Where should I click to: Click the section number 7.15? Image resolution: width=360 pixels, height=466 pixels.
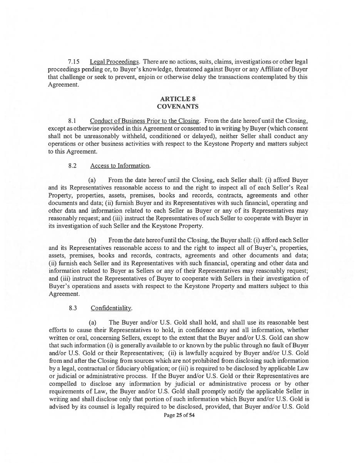pyautogui.click(x=74, y=62)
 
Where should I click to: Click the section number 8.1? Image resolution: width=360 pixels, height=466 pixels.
pyautogui.click(x=72, y=121)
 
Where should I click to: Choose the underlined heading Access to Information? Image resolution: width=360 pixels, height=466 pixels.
pyautogui.click(x=120, y=166)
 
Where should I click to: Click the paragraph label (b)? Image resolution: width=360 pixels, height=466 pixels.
pyautogui.click(x=92, y=240)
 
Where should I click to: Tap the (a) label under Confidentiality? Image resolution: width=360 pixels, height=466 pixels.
pyautogui.click(x=92, y=322)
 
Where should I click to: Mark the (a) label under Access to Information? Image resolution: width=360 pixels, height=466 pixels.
pyautogui.click(x=92, y=180)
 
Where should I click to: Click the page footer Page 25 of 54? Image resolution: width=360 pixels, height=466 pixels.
pyautogui.click(x=179, y=416)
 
